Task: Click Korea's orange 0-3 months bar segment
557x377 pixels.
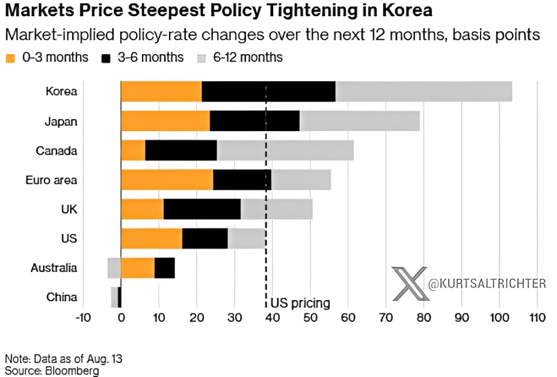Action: pos(161,91)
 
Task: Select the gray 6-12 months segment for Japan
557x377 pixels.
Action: pos(360,121)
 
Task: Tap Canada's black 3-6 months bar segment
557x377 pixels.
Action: pos(181,150)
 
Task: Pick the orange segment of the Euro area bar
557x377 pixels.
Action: pos(167,180)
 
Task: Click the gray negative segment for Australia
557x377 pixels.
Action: pos(114,268)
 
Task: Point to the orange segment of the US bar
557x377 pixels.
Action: pos(152,239)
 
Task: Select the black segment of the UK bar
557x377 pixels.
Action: pos(202,209)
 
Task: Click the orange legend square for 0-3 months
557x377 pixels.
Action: pos(11,58)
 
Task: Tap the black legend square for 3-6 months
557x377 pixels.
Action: pos(106,58)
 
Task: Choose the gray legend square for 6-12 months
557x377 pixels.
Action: pos(202,58)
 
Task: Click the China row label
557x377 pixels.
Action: pos(61,297)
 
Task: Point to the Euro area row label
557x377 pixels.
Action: pos(51,180)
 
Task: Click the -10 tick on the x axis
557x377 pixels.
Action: pos(83,317)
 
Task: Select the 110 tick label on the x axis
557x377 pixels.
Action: pos(537,317)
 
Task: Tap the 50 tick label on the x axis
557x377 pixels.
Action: pos(310,317)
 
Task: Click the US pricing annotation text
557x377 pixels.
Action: pos(300,303)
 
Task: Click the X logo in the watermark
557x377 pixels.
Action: pos(410,283)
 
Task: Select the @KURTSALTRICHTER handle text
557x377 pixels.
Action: pos(487,284)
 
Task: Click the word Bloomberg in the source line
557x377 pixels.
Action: pos(72,371)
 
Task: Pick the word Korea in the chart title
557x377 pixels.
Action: pos(407,10)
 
